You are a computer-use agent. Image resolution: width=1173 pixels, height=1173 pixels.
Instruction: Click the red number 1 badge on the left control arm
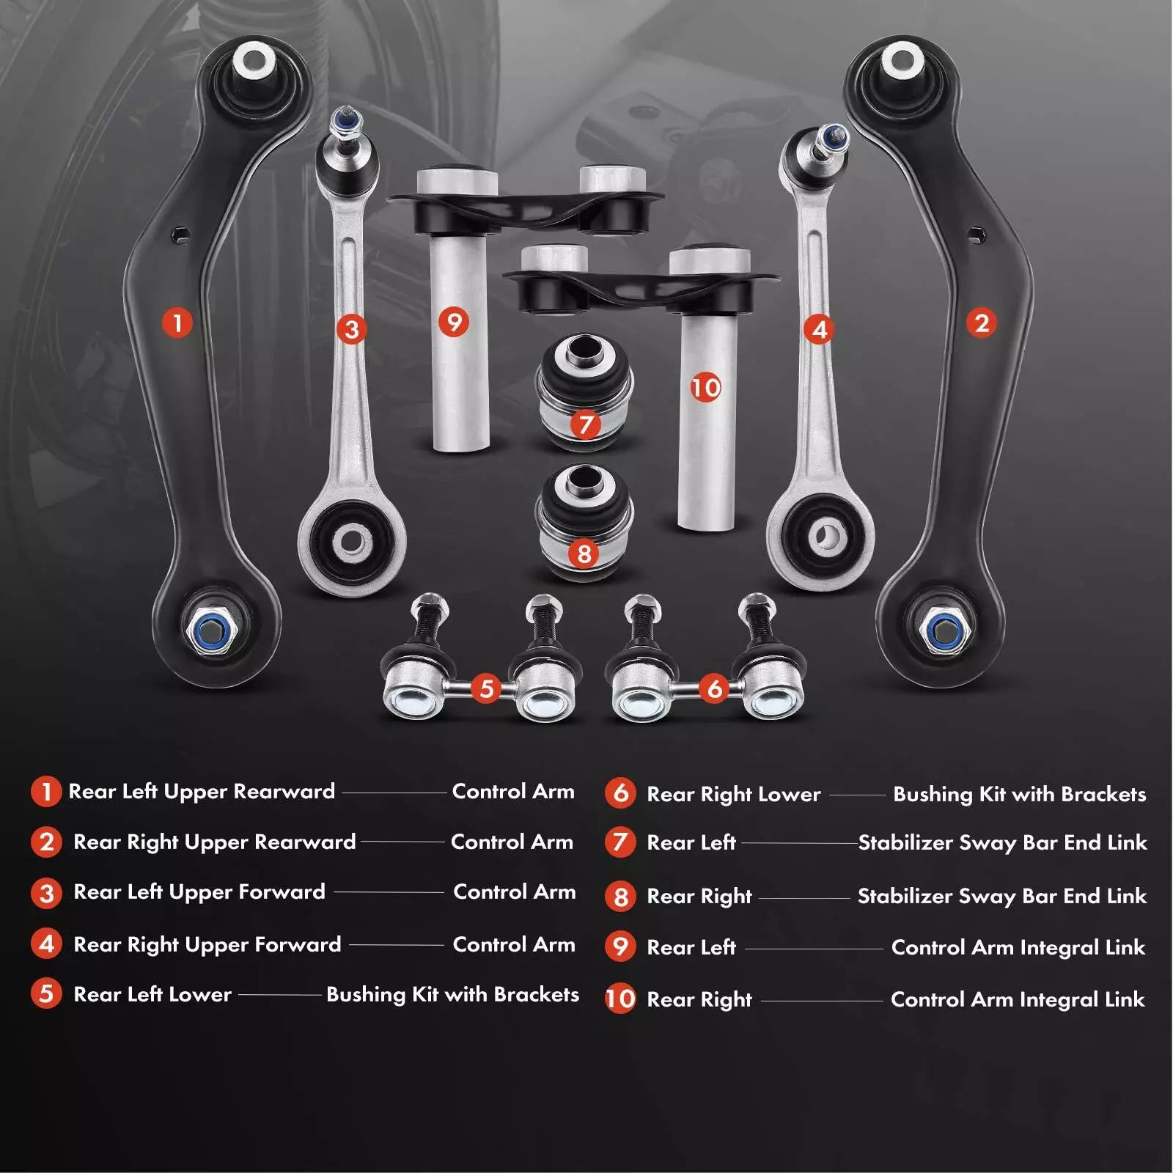pos(177,323)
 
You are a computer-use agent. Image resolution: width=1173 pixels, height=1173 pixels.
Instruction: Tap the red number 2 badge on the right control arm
pos(982,323)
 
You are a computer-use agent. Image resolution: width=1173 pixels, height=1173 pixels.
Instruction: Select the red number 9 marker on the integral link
pos(454,322)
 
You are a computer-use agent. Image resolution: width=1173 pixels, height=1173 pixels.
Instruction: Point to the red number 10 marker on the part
pos(705,387)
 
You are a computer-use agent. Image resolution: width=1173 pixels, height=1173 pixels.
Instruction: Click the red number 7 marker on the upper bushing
pos(585,424)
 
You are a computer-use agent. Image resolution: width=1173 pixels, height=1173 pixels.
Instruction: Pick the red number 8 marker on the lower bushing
pos(584,553)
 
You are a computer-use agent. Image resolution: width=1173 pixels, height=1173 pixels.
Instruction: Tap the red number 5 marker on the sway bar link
pos(486,688)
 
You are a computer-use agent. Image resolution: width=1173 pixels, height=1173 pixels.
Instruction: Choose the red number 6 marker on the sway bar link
pos(714,688)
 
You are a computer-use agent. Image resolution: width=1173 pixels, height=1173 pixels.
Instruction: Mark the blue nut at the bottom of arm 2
pos(942,628)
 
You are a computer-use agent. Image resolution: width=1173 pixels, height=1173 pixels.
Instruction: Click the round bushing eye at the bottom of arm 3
pos(352,542)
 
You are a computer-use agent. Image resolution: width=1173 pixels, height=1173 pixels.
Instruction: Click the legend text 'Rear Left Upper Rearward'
pos(202,792)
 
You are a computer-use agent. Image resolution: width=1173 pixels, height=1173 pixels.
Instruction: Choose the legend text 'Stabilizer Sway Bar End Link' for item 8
pos(1002,896)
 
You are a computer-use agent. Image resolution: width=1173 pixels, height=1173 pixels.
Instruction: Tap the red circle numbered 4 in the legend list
pos(46,944)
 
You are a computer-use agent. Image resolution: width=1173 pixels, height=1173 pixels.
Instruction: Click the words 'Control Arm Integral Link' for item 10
pos(1018,1000)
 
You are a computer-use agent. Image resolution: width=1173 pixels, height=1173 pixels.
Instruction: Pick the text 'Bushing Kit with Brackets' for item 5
pos(452,995)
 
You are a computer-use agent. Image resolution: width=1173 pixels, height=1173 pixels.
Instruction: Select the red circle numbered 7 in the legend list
pos(620,842)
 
